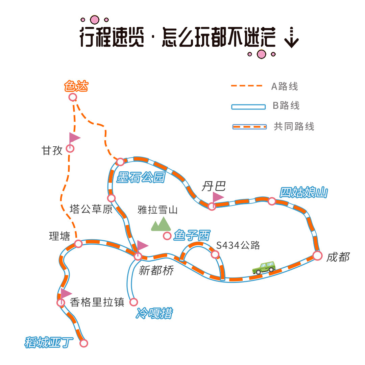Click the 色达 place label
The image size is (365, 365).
tap(76, 86)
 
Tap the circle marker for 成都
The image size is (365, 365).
tap(317, 256)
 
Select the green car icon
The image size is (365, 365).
tap(264, 267)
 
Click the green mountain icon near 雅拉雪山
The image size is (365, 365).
tap(160, 224)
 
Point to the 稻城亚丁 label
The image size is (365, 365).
tap(49, 342)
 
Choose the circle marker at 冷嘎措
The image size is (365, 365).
tap(134, 302)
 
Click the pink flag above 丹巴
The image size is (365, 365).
tap(218, 197)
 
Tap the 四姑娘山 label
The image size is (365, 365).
tap(303, 193)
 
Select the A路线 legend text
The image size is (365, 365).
tap(285, 87)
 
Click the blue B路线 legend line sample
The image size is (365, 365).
tap(248, 107)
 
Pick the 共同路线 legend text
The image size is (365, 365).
tap(294, 126)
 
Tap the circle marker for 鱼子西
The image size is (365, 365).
tap(167, 236)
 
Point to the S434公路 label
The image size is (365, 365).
tap(238, 245)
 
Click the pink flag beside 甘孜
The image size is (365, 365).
tap(74, 138)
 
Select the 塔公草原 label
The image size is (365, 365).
tap(91, 209)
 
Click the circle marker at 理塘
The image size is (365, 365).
tap(78, 244)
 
